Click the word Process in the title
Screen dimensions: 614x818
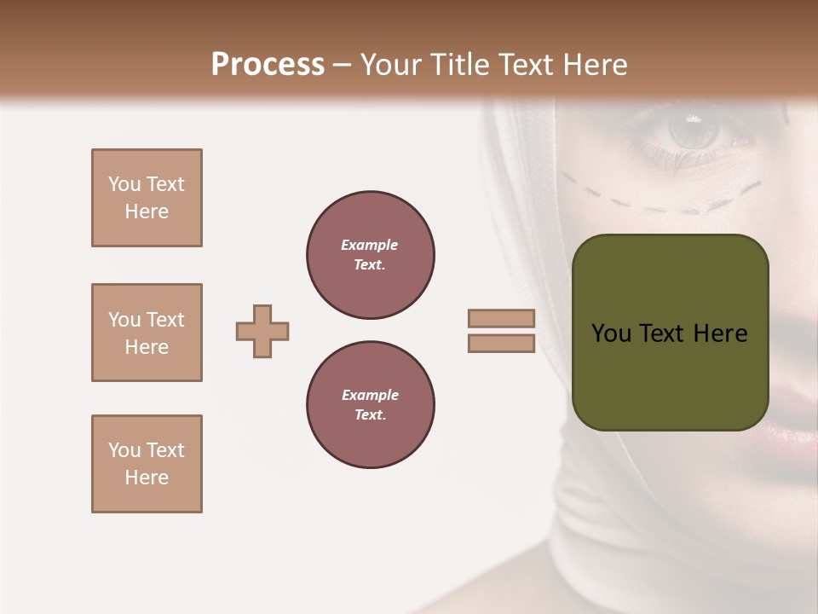tap(268, 65)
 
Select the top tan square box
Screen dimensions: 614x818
tap(147, 198)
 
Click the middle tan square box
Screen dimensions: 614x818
tap(147, 333)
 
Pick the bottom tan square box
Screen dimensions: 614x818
tap(147, 464)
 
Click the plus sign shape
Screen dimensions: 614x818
tap(262, 331)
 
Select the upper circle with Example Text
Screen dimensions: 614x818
tap(371, 255)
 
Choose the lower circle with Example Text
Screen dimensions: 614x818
tap(371, 405)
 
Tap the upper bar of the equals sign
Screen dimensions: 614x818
tap(501, 318)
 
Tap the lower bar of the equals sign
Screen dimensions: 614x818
tap(501, 343)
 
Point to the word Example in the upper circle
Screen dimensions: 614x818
tap(370, 245)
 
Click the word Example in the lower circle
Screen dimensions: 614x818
tap(370, 395)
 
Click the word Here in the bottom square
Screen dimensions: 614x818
tap(147, 478)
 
